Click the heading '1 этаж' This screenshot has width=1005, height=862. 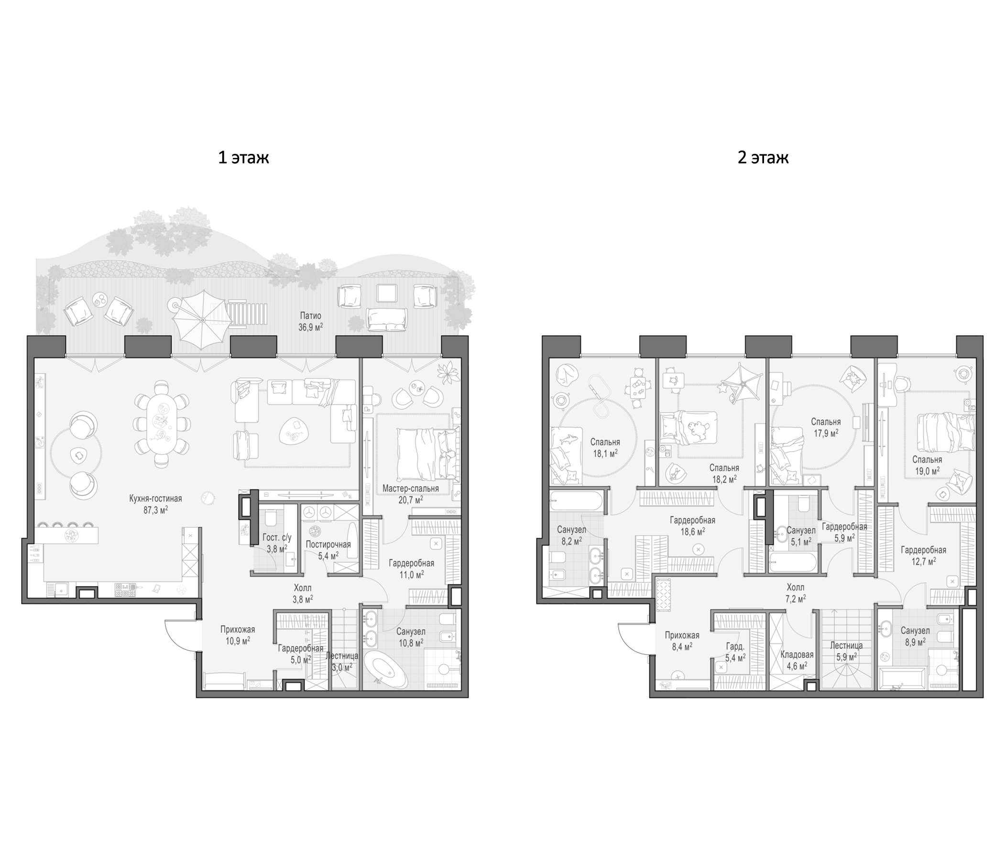243,158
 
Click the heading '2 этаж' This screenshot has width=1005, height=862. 763,158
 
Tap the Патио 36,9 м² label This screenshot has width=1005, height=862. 310,321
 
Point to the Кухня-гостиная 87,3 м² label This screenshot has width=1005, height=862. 155,504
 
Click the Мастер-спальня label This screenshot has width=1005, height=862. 410,489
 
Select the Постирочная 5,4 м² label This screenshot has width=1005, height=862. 328,550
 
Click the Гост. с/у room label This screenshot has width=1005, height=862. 277,537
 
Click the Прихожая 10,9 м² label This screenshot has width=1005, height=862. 238,635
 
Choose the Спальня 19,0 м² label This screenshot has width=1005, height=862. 927,465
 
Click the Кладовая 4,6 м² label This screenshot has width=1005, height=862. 797,660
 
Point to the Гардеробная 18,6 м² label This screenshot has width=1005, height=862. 693,526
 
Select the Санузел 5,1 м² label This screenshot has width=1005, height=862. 801,536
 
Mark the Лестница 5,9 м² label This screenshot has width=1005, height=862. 846,651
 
